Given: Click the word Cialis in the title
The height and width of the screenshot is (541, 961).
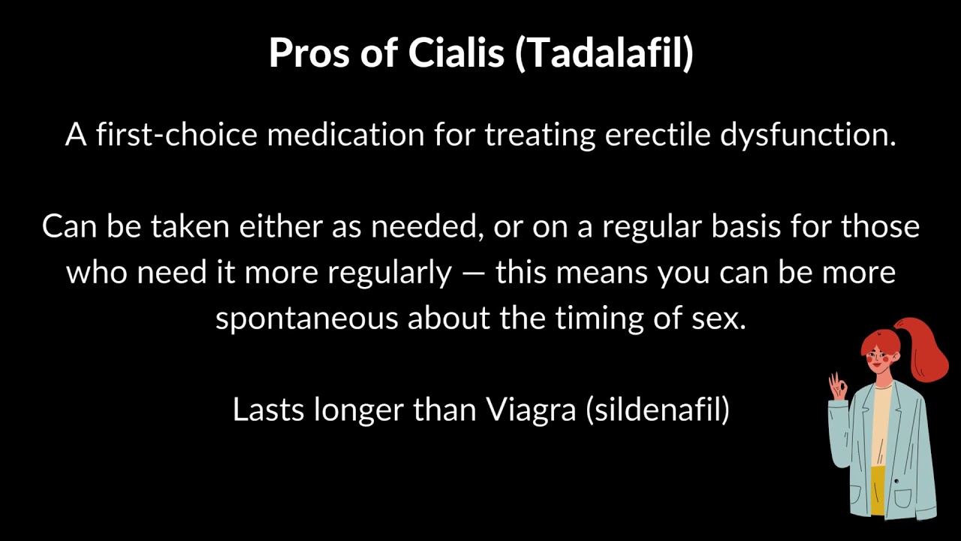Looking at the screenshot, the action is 456,53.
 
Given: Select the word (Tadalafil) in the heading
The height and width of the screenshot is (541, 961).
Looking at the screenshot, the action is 604,53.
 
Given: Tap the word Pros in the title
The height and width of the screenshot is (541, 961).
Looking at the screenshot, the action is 309,53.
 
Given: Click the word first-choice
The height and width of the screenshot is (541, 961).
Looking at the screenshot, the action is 176,134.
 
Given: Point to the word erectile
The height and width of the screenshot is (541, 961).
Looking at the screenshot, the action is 658,134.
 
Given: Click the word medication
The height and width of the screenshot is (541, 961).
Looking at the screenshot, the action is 346,134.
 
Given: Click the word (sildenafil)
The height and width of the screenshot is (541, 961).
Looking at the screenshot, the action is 658,410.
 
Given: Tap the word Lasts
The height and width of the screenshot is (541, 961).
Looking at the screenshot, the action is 268,410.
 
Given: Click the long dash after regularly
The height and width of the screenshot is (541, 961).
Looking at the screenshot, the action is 474,274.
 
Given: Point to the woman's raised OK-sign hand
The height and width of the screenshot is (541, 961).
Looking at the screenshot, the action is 837,386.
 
